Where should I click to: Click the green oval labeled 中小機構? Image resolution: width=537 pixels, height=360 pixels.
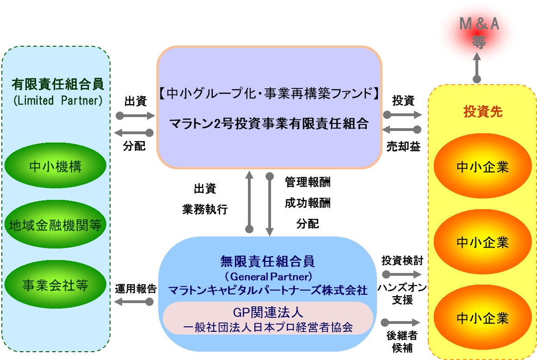click(56, 166)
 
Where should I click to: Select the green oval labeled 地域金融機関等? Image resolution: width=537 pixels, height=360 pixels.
click(56, 225)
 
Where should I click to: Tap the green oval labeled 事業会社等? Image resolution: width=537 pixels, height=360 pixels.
click(56, 285)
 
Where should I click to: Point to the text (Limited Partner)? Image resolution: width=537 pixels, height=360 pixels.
click(57, 100)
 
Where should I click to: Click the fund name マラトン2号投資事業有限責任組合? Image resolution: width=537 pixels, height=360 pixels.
click(269, 124)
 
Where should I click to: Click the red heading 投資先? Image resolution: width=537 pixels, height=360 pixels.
click(482, 112)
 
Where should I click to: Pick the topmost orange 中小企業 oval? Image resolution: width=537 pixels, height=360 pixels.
click(482, 167)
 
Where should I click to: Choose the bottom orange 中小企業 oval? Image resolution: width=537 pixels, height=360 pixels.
click(482, 318)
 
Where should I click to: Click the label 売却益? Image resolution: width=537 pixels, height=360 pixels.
click(403, 147)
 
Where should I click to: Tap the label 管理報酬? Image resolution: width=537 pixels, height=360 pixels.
click(308, 182)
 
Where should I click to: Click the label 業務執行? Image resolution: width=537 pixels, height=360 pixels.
click(205, 209)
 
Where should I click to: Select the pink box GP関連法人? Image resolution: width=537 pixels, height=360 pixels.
click(268, 318)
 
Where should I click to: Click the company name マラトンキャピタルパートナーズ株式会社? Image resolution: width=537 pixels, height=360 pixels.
click(268, 291)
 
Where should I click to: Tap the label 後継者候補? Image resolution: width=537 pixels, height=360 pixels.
click(402, 341)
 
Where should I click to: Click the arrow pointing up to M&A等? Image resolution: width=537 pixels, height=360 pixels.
click(477, 67)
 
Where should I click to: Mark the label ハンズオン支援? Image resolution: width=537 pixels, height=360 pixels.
click(402, 294)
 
